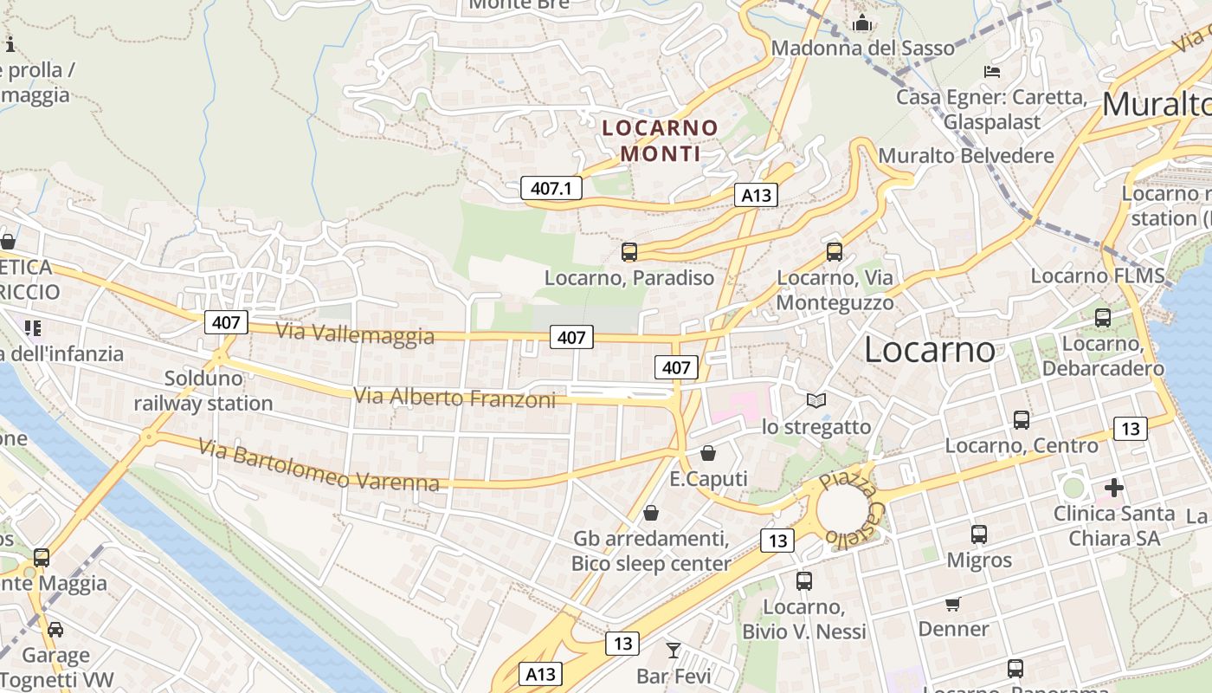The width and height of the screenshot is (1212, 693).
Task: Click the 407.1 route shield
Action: point(551,188)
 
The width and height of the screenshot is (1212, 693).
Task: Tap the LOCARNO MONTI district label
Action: point(661,140)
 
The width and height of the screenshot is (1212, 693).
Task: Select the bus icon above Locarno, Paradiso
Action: point(629,252)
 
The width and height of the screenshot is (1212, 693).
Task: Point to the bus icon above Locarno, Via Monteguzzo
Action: point(835,251)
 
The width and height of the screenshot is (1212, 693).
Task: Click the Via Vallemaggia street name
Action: point(355,334)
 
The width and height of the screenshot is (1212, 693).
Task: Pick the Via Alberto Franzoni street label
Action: point(455,398)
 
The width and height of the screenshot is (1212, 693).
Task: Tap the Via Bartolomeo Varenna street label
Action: point(319,466)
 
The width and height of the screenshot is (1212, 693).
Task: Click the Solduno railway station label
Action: point(203,391)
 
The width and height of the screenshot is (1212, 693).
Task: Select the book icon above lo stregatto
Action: point(816,400)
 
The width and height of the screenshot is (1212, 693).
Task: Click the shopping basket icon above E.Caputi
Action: point(708,453)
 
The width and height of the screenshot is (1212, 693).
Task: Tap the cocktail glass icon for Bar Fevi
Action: point(674,649)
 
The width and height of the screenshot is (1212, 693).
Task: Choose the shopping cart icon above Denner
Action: point(953,603)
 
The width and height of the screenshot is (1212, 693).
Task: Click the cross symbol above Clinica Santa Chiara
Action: point(1114,489)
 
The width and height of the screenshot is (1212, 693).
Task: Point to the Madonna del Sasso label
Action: point(862,48)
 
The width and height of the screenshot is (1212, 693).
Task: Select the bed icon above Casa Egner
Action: point(992,71)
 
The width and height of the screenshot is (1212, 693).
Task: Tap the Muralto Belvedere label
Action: point(966,156)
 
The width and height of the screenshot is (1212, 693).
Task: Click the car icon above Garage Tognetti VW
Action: point(55,629)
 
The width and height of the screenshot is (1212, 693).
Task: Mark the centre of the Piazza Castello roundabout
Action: point(841,509)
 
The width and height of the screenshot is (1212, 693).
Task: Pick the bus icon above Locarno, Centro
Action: point(1022,420)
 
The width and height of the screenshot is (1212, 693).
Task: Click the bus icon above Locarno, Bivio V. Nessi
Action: point(804,580)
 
